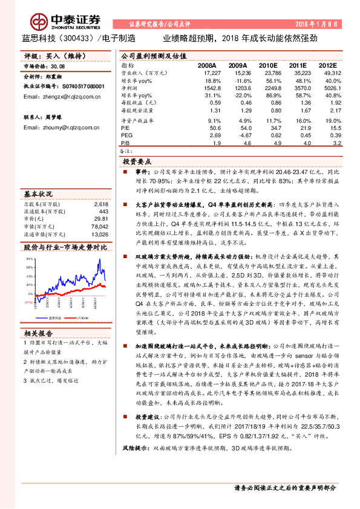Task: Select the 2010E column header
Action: click(x=267, y=64)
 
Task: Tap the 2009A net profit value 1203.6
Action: click(x=236, y=88)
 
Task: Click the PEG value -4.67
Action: click(x=237, y=135)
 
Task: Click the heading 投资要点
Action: click(x=138, y=162)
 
